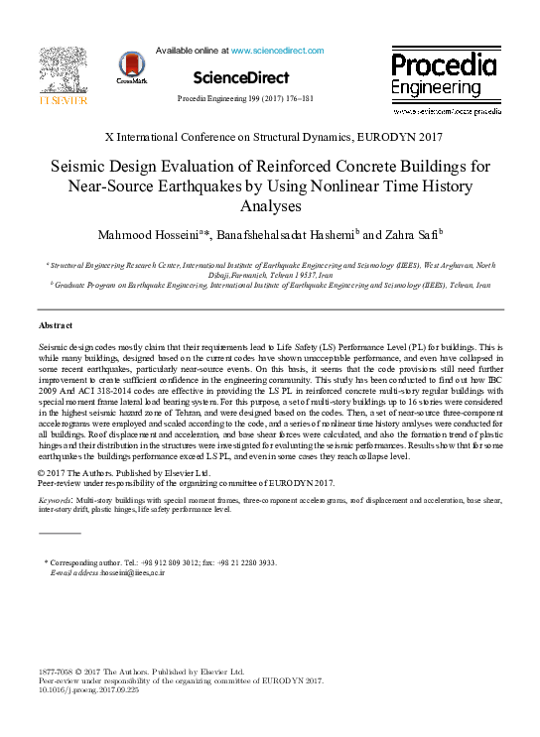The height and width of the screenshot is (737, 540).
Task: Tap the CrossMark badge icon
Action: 131,66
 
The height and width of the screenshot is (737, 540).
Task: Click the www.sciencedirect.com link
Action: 277,50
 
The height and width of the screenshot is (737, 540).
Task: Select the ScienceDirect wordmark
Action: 241,77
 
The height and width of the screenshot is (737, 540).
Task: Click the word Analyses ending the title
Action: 270,206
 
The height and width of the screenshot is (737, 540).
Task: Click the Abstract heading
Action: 57,325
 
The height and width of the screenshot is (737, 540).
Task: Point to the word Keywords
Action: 55,502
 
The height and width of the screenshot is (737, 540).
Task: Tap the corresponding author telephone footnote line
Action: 164,562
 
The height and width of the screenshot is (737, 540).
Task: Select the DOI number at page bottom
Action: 88,690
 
